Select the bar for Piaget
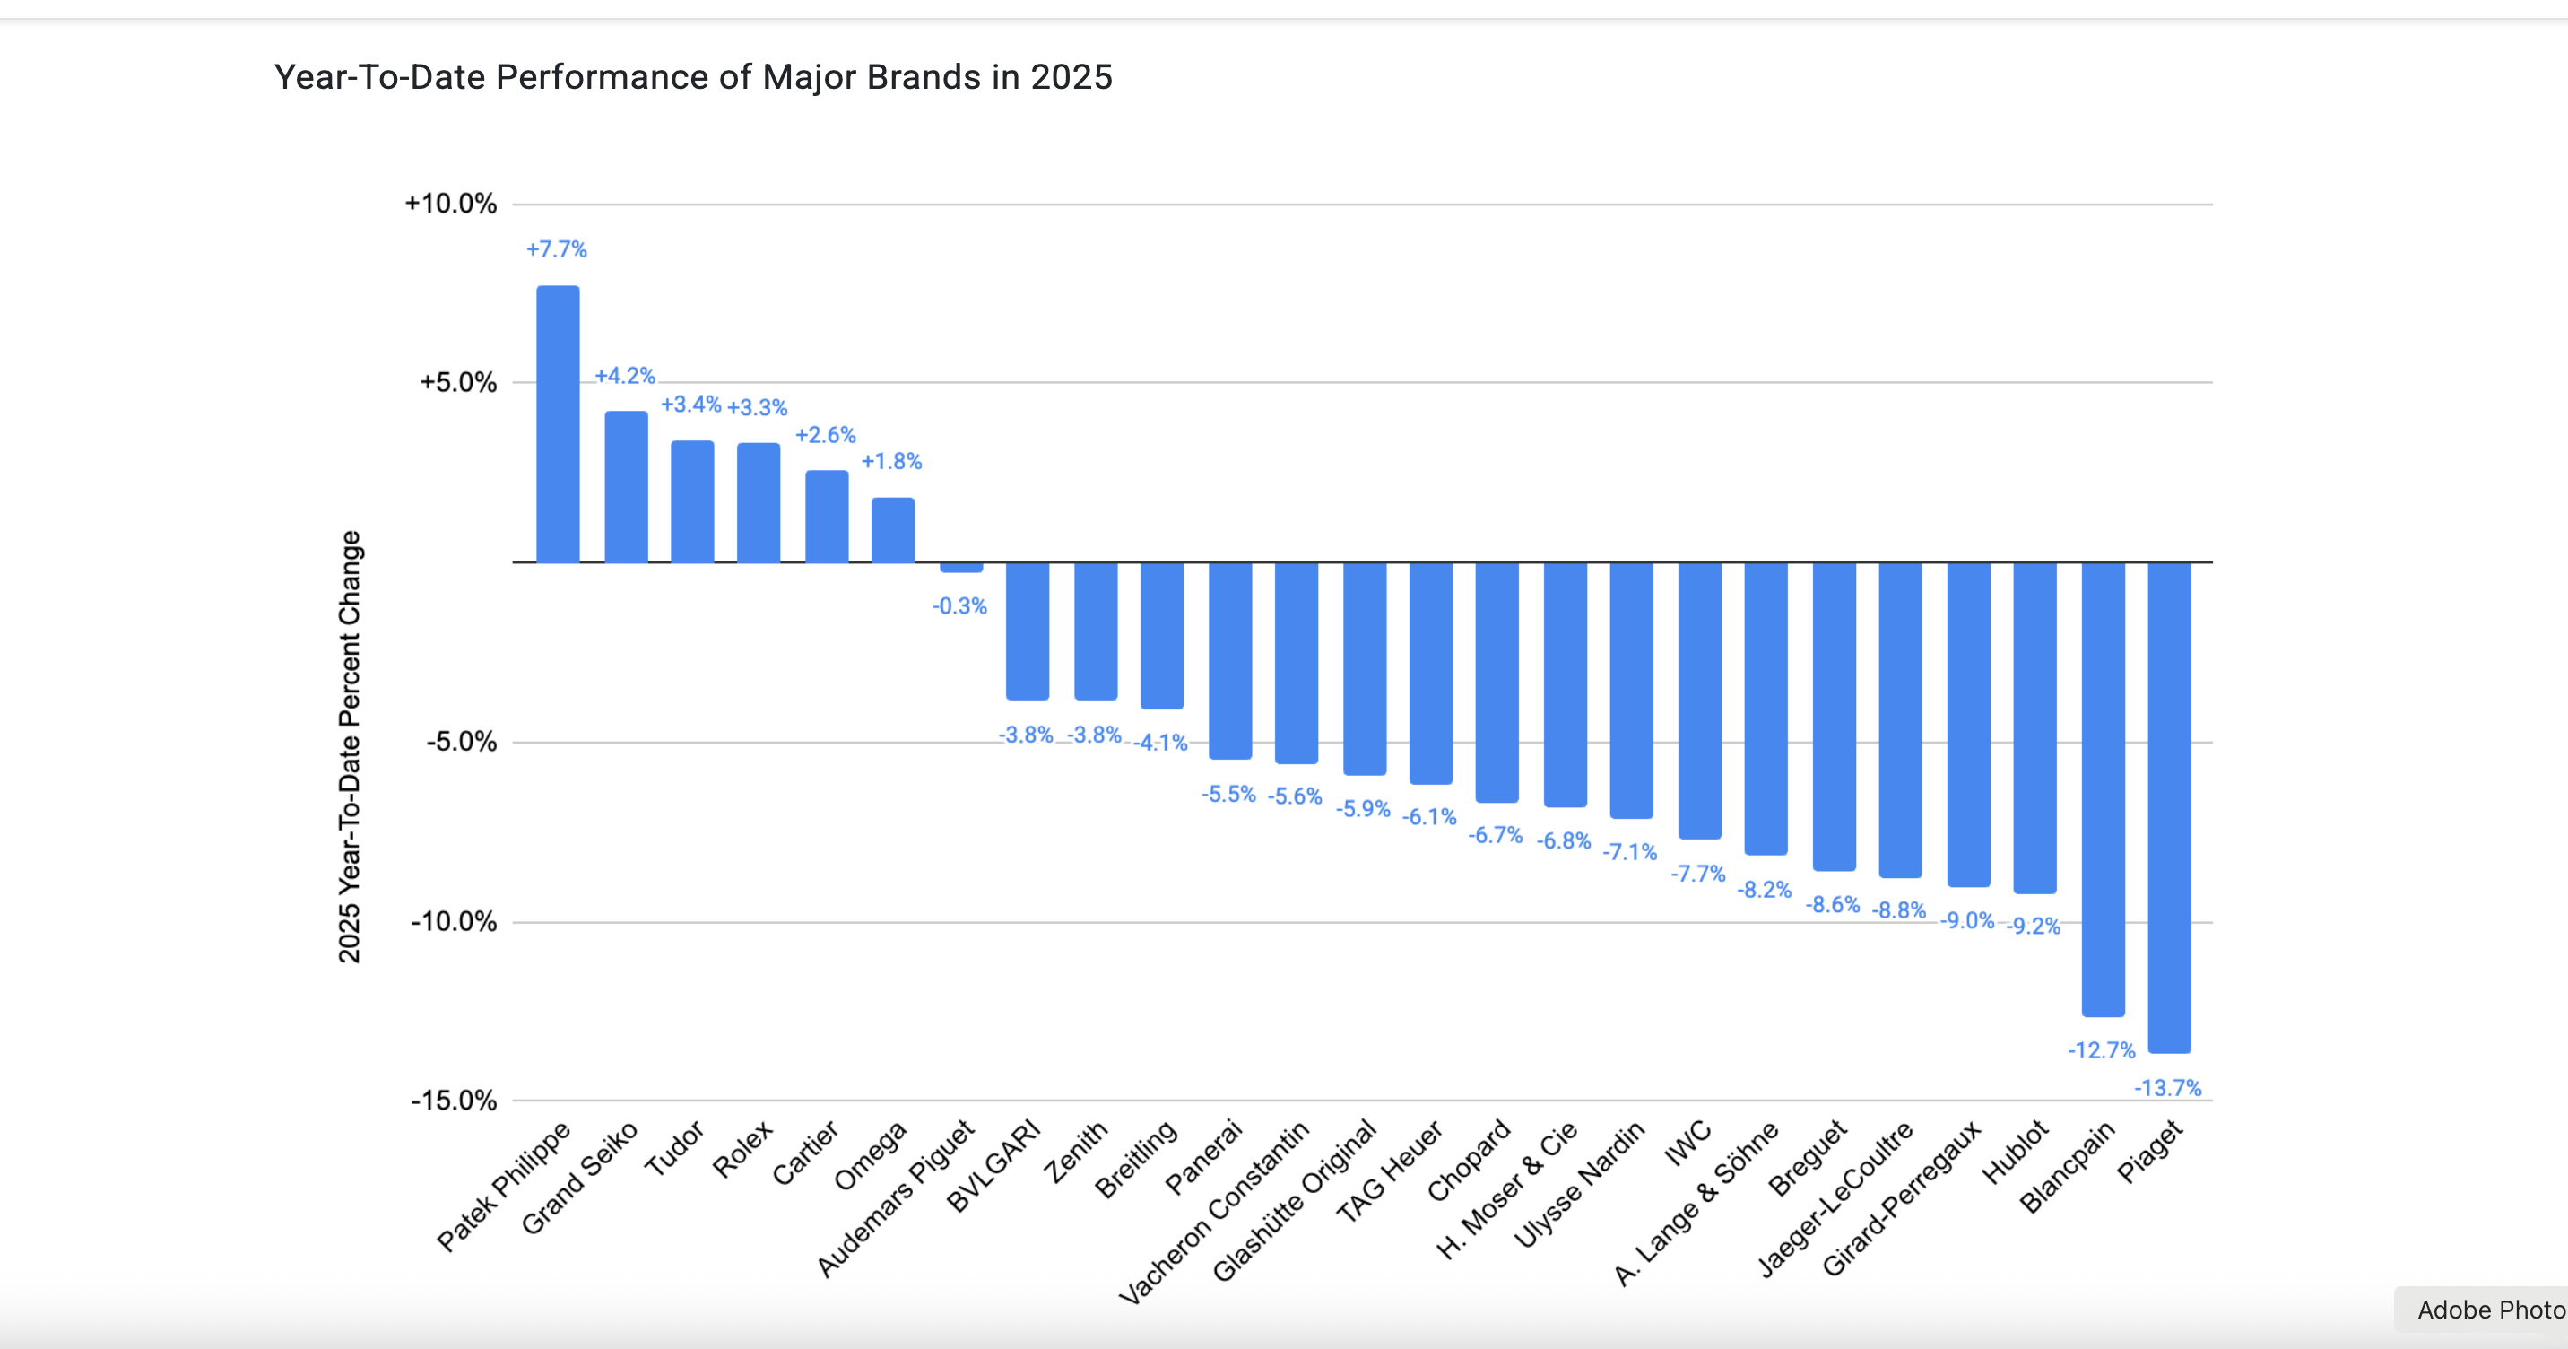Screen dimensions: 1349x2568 pos(2169,806)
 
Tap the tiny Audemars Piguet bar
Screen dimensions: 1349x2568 pos(961,568)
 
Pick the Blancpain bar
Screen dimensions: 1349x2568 pos(2103,788)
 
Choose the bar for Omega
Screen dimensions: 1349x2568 pos(892,529)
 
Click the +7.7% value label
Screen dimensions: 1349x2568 pos(556,249)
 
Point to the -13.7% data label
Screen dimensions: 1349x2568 pos(2167,1088)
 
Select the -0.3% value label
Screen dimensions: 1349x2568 pos(959,606)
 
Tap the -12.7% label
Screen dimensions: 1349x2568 pos(2102,1050)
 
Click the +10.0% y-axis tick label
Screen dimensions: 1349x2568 pos(451,204)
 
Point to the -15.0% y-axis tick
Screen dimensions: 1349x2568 pos(454,1101)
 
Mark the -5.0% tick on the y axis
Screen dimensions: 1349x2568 pos(461,742)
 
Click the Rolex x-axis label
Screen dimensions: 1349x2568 pos(742,1149)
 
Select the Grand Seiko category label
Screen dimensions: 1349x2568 pos(579,1178)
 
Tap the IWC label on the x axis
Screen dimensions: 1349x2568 pos(1687,1143)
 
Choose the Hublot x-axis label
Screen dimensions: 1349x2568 pos(2015,1152)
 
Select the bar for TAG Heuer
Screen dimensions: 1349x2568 pos(1430,672)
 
